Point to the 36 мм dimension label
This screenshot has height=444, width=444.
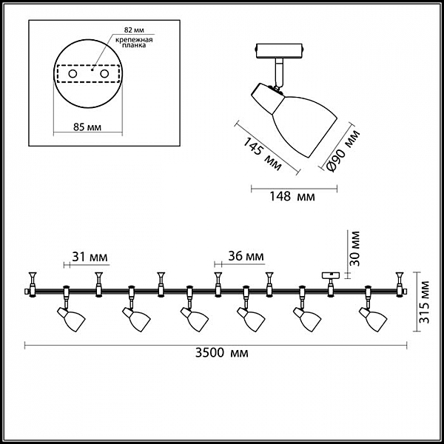coord(245,257)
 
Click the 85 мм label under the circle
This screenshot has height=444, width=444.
coord(88,127)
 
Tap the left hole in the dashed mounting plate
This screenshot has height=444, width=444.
coord(72,75)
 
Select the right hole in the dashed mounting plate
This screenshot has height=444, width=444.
coord(104,75)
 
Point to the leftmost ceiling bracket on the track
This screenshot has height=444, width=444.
coord(33,279)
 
